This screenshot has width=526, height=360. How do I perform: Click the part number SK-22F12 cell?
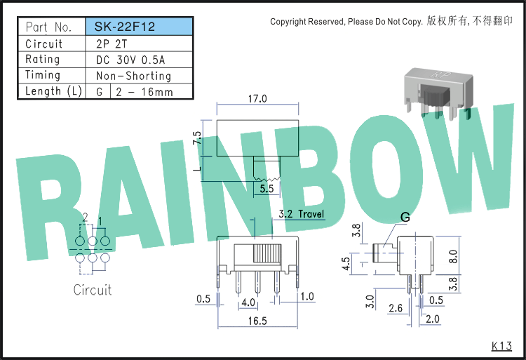click(x=140, y=27)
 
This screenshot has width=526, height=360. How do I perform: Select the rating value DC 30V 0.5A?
click(x=130, y=60)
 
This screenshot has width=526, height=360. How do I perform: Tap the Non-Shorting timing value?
click(x=133, y=76)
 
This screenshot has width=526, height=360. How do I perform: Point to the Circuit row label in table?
click(x=44, y=44)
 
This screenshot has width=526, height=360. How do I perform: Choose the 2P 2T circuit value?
click(x=112, y=44)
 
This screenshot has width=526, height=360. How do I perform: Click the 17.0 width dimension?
click(x=257, y=99)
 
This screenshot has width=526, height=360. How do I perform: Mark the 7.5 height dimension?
click(x=197, y=138)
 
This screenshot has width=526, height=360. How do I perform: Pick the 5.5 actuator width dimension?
click(x=267, y=189)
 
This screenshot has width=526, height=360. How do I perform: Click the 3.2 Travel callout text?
click(x=302, y=214)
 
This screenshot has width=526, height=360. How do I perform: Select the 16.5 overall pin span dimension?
click(x=257, y=321)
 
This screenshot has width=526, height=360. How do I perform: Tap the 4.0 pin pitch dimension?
click(x=248, y=302)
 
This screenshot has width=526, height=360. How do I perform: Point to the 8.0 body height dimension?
click(x=453, y=256)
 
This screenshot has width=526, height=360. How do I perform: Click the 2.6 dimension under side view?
click(x=396, y=307)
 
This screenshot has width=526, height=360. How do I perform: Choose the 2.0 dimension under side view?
click(x=433, y=319)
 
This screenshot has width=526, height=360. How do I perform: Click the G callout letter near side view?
click(x=405, y=218)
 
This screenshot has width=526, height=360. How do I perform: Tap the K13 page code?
click(x=502, y=346)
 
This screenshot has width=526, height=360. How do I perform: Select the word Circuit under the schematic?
click(x=93, y=290)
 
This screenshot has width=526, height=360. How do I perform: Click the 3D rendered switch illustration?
click(x=439, y=93)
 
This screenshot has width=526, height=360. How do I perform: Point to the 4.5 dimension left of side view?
click(x=346, y=263)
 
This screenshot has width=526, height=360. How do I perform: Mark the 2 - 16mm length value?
click(x=144, y=92)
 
